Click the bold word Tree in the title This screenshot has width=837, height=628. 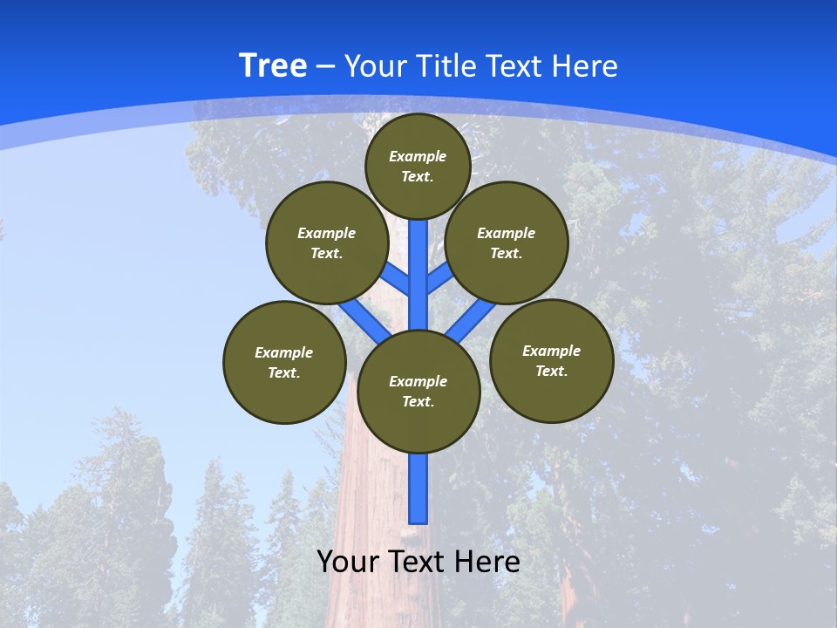272,66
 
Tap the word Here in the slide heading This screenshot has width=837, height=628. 584,66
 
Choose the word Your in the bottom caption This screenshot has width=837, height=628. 347,562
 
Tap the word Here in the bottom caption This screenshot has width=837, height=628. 489,562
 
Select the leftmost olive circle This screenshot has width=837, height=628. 284,362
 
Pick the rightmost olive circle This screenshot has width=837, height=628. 552,361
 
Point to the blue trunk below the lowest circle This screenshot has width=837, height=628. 418,488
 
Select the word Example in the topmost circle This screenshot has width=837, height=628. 418,156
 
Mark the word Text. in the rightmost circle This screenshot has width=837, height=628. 551,371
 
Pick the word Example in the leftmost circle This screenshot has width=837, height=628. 283,352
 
